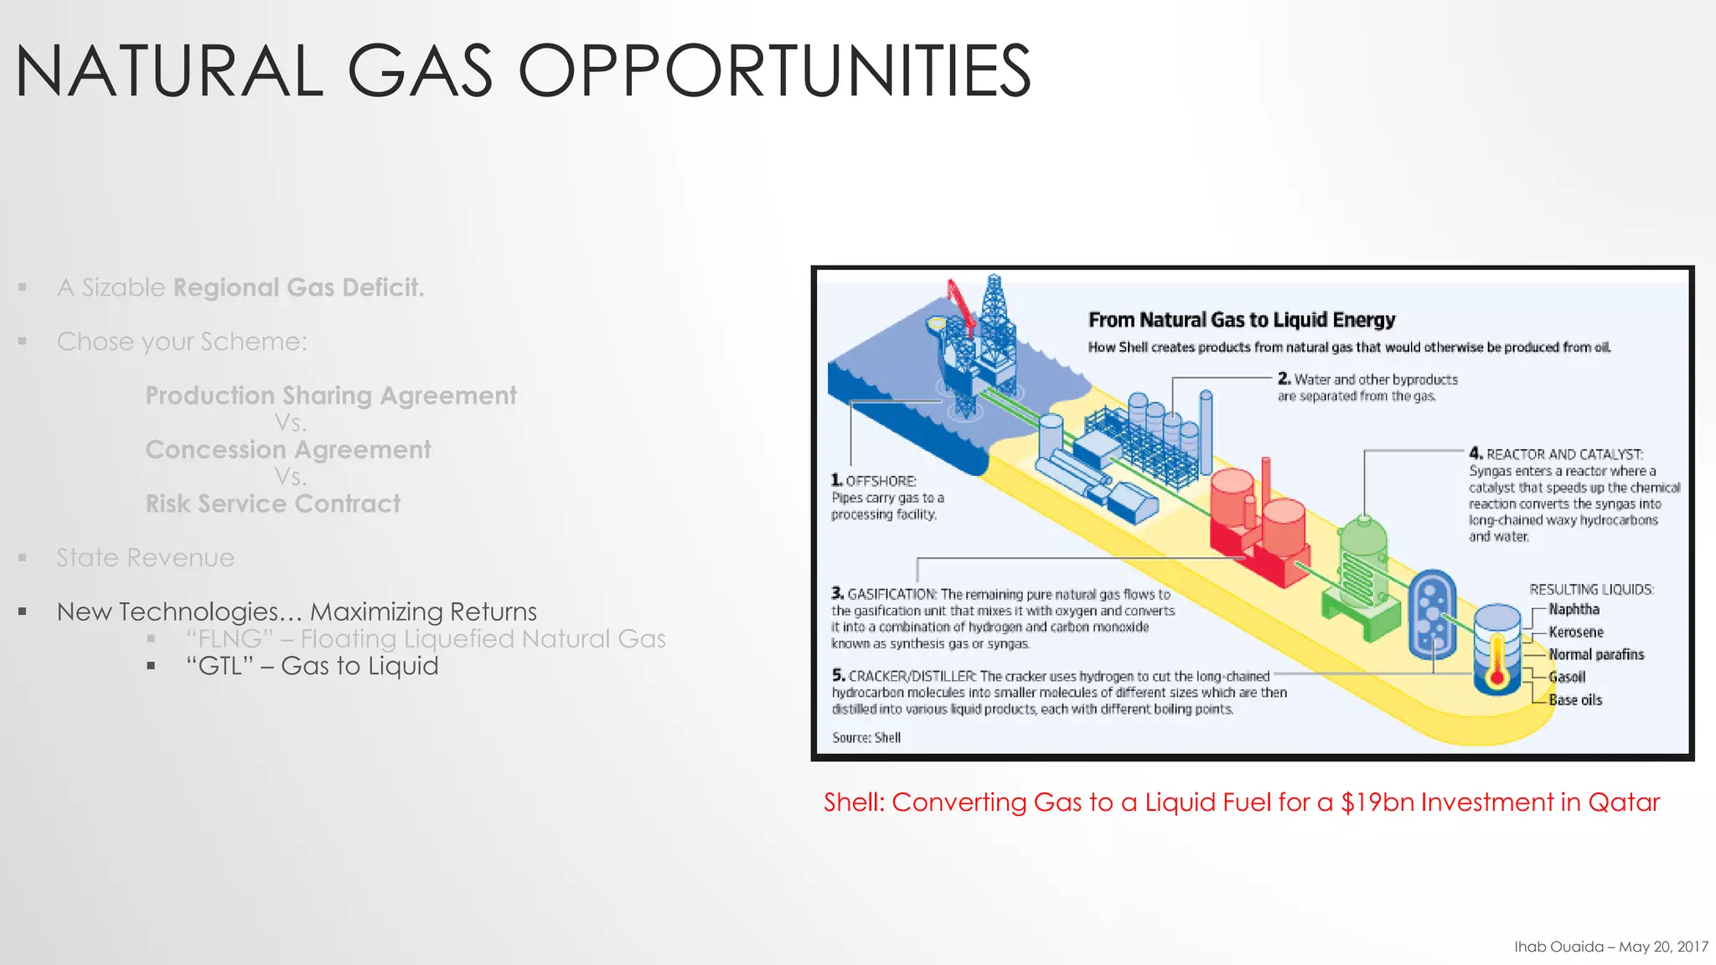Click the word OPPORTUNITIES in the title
pos(774,72)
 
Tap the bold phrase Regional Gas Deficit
pos(298,287)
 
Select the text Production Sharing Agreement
pos(331,395)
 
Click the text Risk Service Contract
pos(273,503)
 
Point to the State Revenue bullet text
pos(146,558)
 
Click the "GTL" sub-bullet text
pos(313,666)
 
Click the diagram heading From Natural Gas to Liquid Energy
pos(1241,320)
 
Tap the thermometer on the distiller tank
pos(1497,666)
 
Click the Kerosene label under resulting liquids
pos(1575,632)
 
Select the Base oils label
pos(1574,700)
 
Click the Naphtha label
pos(1574,610)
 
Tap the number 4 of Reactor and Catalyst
pos(1476,453)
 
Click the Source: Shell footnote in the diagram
pos(866,738)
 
